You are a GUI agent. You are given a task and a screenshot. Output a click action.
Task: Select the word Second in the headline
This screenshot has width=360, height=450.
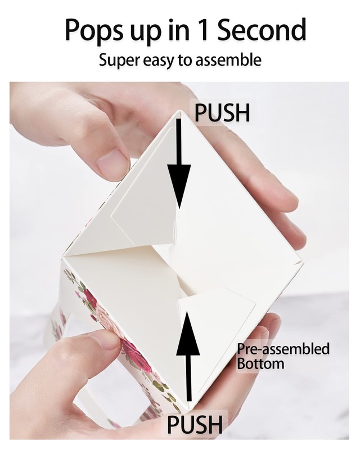pos(262,29)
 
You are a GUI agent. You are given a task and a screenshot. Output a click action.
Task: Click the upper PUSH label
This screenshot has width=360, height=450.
pos(222,112)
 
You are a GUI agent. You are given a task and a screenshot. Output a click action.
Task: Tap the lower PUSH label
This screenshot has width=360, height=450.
pos(195,424)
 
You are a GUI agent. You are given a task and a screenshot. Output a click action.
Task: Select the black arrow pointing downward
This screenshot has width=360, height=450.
pos(179,163)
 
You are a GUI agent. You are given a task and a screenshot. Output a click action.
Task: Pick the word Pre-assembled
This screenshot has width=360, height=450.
pos(283,349)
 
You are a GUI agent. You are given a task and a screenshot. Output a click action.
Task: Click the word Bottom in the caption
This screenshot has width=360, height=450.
pos(260,363)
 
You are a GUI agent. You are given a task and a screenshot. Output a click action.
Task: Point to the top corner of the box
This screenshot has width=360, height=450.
pos(181,111)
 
